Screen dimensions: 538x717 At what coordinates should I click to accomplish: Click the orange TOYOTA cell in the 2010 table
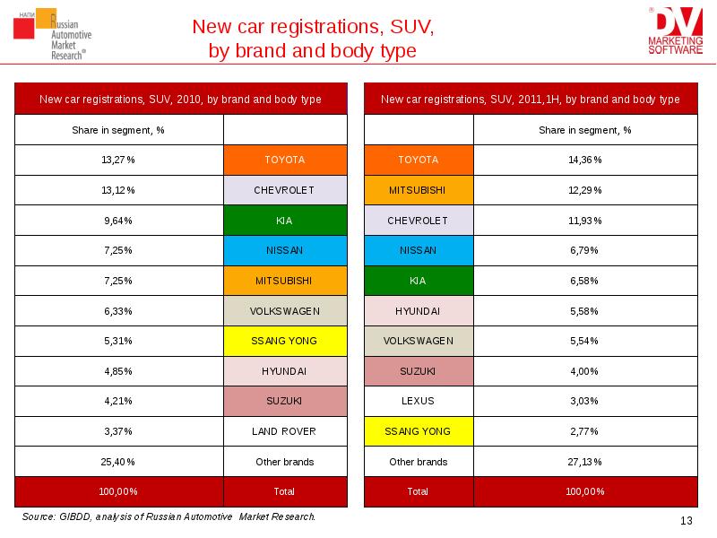tap(284, 160)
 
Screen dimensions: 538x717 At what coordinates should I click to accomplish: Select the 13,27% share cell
tap(118, 160)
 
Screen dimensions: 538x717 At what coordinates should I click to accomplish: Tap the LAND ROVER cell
tap(284, 431)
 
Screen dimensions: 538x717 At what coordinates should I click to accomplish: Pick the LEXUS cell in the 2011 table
tap(418, 401)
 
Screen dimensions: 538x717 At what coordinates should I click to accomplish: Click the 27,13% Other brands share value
tap(584, 462)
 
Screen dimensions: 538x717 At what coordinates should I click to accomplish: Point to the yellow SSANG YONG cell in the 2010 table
tap(284, 341)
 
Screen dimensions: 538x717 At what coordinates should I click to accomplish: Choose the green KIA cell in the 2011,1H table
tap(418, 281)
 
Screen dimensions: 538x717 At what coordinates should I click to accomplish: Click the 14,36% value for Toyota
tap(584, 160)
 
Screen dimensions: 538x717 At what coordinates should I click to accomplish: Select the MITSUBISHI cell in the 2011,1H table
tap(418, 190)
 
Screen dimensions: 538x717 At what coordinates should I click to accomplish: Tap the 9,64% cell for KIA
tap(118, 220)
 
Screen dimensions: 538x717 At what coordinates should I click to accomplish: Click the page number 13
tap(687, 522)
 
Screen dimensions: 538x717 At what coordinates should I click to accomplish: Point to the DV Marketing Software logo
tap(676, 31)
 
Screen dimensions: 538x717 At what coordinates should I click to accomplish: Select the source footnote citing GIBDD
tap(168, 517)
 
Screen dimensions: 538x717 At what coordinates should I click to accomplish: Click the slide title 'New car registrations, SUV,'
tap(313, 27)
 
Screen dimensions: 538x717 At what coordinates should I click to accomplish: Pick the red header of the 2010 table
tap(180, 100)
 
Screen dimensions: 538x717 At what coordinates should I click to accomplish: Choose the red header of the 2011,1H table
tap(530, 100)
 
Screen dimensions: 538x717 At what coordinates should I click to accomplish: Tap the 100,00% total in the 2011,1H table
tap(584, 491)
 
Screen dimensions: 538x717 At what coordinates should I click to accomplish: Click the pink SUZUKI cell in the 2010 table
tap(284, 401)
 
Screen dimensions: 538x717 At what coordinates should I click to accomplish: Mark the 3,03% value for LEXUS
tap(584, 401)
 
